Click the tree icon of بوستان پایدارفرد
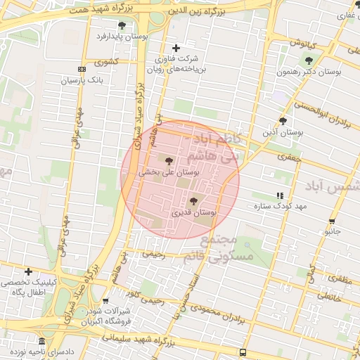[x=122, y=25]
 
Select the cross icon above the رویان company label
[x=176, y=48]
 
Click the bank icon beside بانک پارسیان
[x=82, y=69]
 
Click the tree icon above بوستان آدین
[x=283, y=121]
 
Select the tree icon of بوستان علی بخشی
[x=168, y=161]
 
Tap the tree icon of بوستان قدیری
[x=193, y=201]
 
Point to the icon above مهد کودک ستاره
[x=281, y=195]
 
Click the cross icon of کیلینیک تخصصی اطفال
[x=28, y=271]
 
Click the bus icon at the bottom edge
[x=243, y=352]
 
